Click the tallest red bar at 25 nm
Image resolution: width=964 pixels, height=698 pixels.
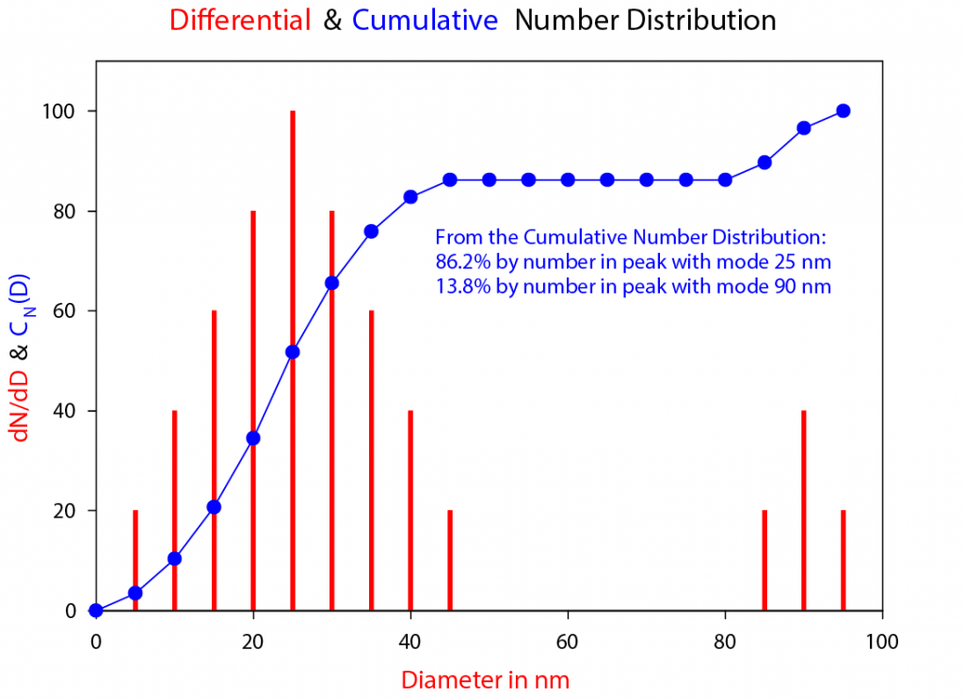293,235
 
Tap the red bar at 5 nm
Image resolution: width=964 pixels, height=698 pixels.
136,555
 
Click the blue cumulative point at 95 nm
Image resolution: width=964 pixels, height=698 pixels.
843,111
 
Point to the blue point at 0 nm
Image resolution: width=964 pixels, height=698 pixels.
96,611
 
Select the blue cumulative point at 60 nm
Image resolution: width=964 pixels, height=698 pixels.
568,180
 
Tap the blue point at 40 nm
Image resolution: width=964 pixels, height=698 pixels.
410,197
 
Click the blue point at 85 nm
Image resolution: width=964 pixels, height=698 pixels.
764,163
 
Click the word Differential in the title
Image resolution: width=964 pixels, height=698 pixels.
241,21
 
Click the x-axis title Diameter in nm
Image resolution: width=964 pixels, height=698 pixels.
486,678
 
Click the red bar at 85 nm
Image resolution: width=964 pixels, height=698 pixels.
764,561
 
